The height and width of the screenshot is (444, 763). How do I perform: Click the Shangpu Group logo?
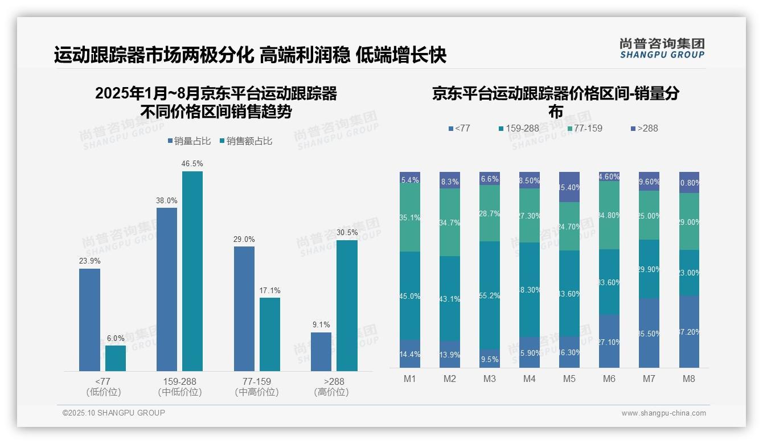tap(662, 48)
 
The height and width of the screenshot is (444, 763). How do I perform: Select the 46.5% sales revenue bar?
tap(192, 271)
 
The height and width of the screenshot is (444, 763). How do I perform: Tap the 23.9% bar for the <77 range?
tap(89, 320)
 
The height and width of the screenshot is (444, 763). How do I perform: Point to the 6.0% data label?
tap(116, 338)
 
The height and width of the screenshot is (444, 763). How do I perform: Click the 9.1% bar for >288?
tap(321, 352)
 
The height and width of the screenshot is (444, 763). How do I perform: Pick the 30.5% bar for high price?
tap(347, 306)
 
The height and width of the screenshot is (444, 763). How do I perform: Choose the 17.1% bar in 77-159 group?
tap(270, 334)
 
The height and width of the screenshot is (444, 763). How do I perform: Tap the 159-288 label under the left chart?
tap(180, 381)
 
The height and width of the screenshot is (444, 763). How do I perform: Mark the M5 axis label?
tap(569, 379)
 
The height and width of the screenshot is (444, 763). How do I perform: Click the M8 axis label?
tap(689, 379)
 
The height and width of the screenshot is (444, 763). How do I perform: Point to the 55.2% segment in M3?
tap(490, 295)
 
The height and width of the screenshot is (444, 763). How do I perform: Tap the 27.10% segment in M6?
tap(609, 341)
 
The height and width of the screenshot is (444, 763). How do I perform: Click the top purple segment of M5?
tap(569, 187)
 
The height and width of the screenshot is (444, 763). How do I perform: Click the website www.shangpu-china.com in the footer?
tap(663, 413)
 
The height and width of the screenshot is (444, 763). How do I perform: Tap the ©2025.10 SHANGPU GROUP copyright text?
tap(114, 413)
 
